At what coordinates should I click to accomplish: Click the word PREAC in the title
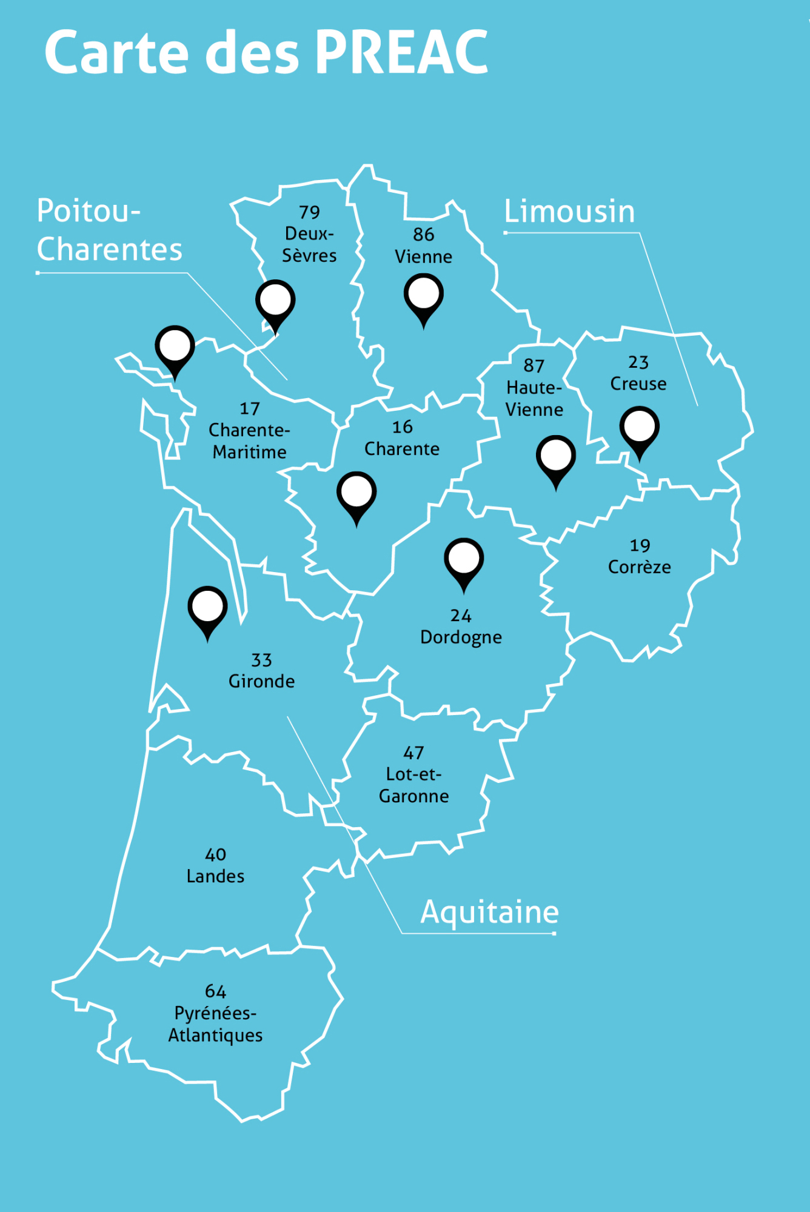(x=401, y=53)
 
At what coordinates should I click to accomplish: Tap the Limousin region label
(x=569, y=211)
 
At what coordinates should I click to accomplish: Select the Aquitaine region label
(x=489, y=912)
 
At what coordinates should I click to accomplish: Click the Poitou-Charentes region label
(x=109, y=230)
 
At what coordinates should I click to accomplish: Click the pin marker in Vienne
(x=423, y=295)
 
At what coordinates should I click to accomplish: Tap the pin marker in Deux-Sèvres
(x=275, y=301)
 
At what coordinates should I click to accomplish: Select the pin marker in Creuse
(x=639, y=428)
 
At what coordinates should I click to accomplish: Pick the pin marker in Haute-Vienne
(x=555, y=456)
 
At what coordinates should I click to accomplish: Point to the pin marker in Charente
(x=356, y=493)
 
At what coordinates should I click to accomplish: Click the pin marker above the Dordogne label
(x=464, y=559)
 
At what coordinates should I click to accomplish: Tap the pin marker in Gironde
(x=207, y=608)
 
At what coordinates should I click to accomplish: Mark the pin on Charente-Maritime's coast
(x=175, y=347)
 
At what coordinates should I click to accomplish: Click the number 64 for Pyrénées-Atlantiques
(x=215, y=991)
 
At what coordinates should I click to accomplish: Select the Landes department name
(x=215, y=876)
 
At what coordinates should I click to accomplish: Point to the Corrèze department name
(x=639, y=567)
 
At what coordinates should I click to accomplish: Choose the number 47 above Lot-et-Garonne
(x=413, y=753)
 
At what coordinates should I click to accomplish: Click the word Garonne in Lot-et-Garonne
(x=413, y=796)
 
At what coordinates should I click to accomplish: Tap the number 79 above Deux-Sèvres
(x=309, y=212)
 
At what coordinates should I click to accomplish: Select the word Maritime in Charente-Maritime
(x=249, y=452)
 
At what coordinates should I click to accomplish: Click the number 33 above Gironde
(x=261, y=660)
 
